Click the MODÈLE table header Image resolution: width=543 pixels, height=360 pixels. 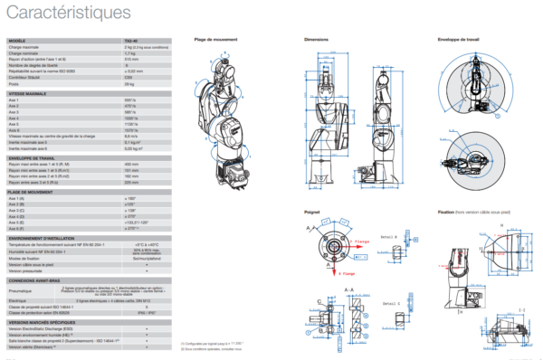pos(18,41)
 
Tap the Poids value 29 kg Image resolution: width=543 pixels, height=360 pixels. pos(130,84)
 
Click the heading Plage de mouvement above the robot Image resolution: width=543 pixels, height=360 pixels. pos(216,40)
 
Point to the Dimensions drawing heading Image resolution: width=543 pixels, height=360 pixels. pos(316,40)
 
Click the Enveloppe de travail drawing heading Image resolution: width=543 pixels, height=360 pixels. pos(457,40)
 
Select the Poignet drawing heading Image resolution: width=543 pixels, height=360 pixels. pos(312,212)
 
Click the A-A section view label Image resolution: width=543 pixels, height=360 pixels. pos(348,289)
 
